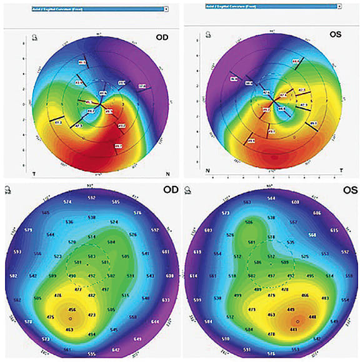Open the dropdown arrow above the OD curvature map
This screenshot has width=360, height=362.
pyautogui.click(x=166, y=9)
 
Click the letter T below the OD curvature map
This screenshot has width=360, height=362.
pyautogui.click(x=31, y=170)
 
